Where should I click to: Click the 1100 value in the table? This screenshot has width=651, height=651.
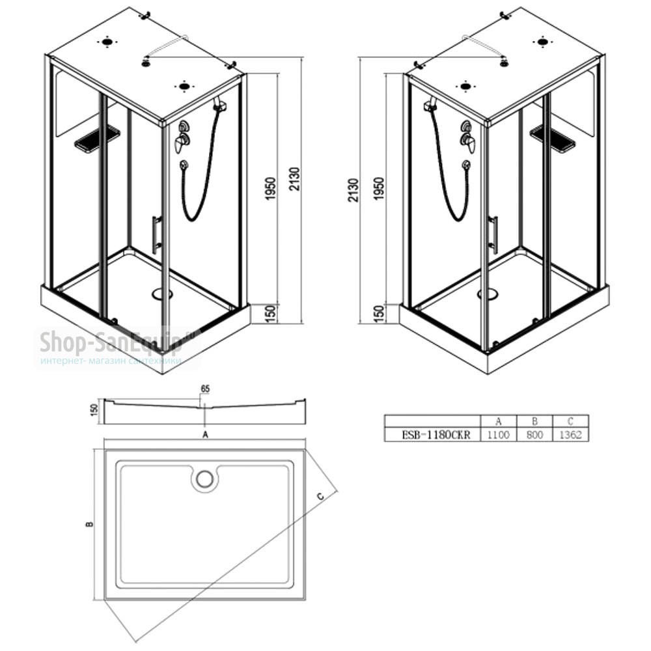pos(498,435)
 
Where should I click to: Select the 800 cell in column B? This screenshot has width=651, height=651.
pos(534,435)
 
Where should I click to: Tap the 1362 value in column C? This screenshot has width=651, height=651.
pos(570,435)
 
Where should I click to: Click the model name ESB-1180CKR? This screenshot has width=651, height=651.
pos(436,435)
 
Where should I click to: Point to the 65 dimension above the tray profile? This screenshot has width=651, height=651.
pos(205,389)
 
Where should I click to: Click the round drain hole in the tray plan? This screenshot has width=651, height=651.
pos(204,478)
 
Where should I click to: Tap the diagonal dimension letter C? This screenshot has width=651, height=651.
pos(320,495)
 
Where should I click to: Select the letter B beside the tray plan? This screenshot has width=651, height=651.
pos(89,524)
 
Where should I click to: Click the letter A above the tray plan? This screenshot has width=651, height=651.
pos(204,435)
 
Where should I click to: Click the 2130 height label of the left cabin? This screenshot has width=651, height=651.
pos(294,179)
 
